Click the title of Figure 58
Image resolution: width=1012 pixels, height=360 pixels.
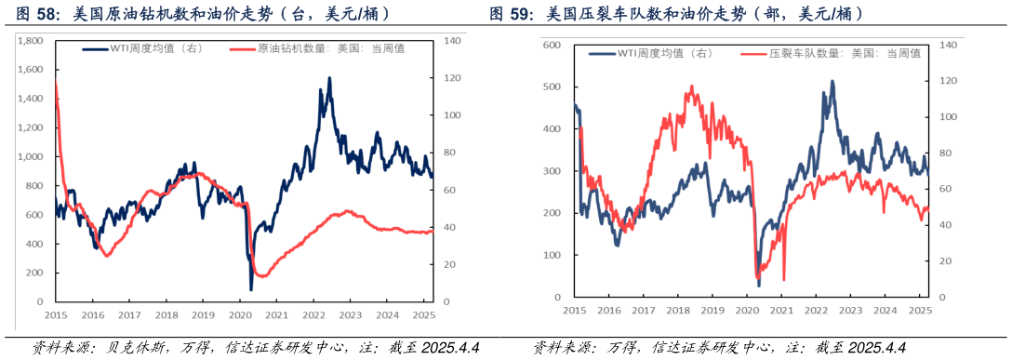[x=203, y=14]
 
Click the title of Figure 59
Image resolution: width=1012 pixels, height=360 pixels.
[x=676, y=14]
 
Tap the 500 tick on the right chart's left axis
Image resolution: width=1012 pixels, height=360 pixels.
[x=552, y=87]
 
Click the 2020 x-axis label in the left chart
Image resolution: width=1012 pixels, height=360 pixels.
[x=239, y=315]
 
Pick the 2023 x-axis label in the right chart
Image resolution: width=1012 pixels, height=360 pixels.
[x=849, y=310]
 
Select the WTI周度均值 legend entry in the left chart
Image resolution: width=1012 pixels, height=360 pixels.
[x=139, y=49]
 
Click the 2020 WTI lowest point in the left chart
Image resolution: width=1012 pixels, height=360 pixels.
[x=250, y=288]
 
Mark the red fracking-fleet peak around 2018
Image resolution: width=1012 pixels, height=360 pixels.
[x=691, y=87]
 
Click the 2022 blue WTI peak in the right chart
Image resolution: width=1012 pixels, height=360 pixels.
[x=832, y=81]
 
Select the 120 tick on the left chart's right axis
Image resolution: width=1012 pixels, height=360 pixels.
[x=451, y=78]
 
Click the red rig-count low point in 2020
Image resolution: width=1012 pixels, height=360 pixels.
[x=261, y=276]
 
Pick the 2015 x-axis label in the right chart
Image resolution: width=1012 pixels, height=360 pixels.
[x=574, y=310]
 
